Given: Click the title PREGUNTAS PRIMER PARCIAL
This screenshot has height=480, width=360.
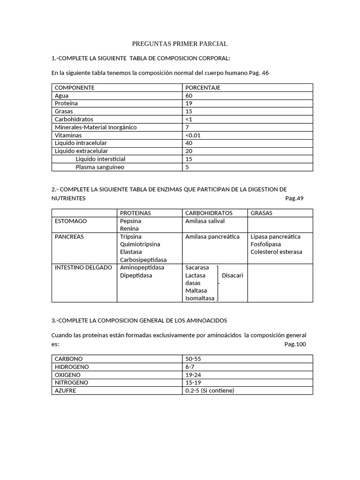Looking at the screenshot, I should coord(180,44).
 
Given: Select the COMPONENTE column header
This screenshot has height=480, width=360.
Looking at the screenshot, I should coord(75,88).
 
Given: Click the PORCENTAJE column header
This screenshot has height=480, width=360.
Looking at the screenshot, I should coord(202,88).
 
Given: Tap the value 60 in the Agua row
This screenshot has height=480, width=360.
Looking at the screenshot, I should coord(189,96).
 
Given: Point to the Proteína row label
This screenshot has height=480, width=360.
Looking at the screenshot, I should coord(66,103).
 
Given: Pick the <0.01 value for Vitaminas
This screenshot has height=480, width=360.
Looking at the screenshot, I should coord(193,135).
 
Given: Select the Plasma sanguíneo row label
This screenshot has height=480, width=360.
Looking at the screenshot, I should coord(100,167).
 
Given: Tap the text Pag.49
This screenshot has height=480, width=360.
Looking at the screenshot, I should coord(294,198).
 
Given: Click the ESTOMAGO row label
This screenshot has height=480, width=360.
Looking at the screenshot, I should coord(71,221).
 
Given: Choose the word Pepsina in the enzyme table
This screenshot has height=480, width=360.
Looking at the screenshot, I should coord(130,221).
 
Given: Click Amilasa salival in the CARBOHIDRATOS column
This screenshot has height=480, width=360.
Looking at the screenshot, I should coord(205,221).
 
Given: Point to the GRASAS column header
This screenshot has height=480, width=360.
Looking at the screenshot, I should coord(262,213).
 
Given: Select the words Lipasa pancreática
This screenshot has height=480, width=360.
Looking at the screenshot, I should coord(276,237).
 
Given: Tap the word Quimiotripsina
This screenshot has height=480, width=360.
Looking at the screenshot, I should coord(140,244).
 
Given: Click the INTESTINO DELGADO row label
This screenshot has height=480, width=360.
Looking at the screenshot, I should coord(83,267).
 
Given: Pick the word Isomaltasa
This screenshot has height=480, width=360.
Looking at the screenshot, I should coord(200,298).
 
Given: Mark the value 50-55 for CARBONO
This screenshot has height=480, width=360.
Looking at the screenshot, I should coord(193,359).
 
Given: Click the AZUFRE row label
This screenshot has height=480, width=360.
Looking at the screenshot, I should coord(65,390).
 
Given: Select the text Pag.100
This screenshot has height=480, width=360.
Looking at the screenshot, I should coord(295,344).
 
